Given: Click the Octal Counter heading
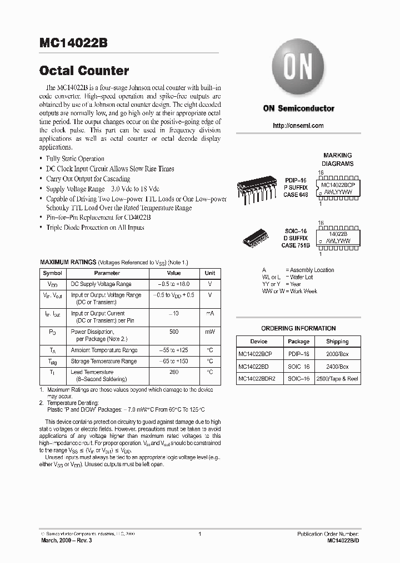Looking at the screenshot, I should tap(84, 71).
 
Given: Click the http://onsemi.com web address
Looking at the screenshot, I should tap(298, 126).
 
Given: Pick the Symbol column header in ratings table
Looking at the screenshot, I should tap(53, 273).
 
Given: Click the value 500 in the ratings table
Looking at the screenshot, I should tap(174, 332).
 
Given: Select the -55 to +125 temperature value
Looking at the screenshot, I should tap(174, 350).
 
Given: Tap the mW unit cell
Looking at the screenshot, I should tap(209, 332).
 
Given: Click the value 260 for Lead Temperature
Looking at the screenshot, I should tap(174, 372).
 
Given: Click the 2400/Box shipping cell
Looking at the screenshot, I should tap(337, 367).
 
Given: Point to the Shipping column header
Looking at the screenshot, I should tap(337, 342).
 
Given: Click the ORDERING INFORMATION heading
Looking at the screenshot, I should tap(298, 328).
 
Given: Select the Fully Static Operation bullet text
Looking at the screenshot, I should tap(75, 159).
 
